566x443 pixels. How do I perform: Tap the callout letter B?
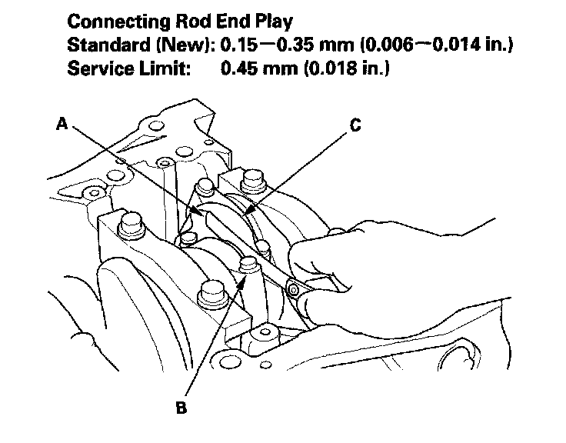tap(181, 407)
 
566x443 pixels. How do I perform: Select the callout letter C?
tap(355, 125)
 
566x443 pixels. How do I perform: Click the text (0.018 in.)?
tap(348, 69)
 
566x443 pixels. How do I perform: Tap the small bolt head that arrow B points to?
tap(246, 265)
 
